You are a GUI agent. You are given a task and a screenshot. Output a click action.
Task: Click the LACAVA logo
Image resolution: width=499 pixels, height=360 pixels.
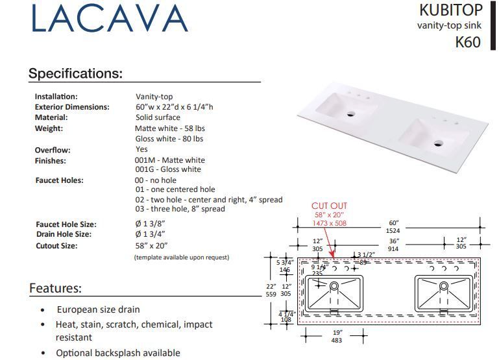point(108,19)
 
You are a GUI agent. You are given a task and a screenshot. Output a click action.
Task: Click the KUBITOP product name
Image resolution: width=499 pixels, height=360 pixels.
point(450,10)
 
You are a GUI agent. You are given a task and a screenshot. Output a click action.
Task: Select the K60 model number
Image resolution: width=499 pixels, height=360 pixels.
point(467,42)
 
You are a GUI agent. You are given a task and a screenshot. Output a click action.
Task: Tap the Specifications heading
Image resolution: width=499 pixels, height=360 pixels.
point(75,73)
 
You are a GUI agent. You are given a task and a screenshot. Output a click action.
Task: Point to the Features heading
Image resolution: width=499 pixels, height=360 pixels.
point(55,288)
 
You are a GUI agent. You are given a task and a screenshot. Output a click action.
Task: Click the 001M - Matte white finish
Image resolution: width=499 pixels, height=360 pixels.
point(169,160)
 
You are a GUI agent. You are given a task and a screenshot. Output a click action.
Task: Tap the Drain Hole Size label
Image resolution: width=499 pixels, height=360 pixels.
point(64,234)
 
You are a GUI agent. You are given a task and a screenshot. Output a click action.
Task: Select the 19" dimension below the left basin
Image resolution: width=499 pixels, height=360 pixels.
point(337,331)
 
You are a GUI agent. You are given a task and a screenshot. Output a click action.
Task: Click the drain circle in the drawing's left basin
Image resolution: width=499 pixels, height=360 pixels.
point(335,286)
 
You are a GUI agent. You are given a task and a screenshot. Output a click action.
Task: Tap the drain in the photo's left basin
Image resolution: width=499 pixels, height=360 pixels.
point(351,115)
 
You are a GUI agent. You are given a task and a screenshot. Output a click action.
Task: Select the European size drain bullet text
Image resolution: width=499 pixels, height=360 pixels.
point(98,310)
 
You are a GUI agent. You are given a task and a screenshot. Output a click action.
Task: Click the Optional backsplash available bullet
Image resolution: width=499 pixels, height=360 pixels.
point(117,353)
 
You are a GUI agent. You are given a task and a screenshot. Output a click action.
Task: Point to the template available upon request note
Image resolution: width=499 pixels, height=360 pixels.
point(181,258)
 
